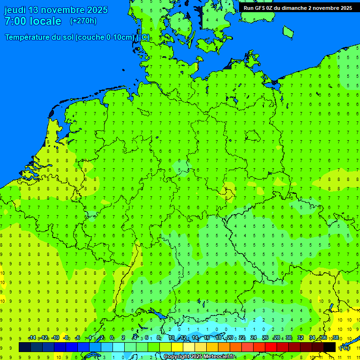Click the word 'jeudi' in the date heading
click(15, 10)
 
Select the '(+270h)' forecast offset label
click(83, 21)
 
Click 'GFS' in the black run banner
click(261, 8)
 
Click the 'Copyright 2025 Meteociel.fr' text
click(199, 357)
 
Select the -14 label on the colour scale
click(32, 338)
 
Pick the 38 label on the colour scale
click(335, 338)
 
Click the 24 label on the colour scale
click(254, 338)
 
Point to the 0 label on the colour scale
click(112, 338)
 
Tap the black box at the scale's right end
click(330, 347)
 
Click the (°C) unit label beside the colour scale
click(344, 348)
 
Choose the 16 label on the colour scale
click(207, 338)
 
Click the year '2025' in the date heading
click(96, 10)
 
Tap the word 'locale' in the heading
click(46, 21)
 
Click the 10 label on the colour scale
click(172, 338)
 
